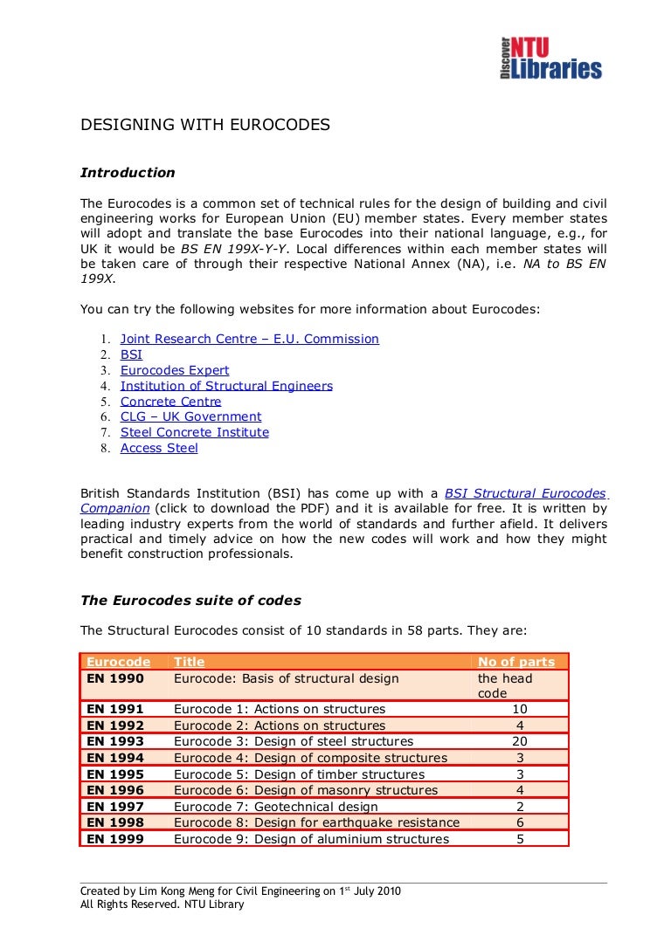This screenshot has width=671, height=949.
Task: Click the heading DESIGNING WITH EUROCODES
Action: [205, 125]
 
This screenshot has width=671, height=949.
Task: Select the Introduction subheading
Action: [128, 173]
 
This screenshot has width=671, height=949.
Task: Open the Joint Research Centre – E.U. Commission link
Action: [249, 339]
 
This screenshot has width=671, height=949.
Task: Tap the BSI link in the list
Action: [131, 354]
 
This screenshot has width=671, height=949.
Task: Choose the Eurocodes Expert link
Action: [175, 370]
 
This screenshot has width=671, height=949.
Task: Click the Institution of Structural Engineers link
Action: [226, 386]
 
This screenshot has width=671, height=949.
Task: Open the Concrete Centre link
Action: [170, 402]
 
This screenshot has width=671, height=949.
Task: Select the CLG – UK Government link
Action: [190, 417]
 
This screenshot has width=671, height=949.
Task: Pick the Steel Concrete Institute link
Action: [194, 432]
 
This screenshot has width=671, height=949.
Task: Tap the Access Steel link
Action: [159, 448]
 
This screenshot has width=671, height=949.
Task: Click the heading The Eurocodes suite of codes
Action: [190, 601]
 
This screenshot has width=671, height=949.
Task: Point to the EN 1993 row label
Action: [115, 741]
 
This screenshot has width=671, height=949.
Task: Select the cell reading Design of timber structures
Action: [300, 774]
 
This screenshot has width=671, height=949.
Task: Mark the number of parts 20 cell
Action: [520, 741]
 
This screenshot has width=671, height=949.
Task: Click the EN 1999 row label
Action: [115, 839]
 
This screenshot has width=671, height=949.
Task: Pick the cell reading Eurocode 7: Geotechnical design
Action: [276, 807]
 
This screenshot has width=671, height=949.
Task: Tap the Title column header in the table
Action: [190, 662]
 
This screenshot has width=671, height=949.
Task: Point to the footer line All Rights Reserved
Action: [163, 904]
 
